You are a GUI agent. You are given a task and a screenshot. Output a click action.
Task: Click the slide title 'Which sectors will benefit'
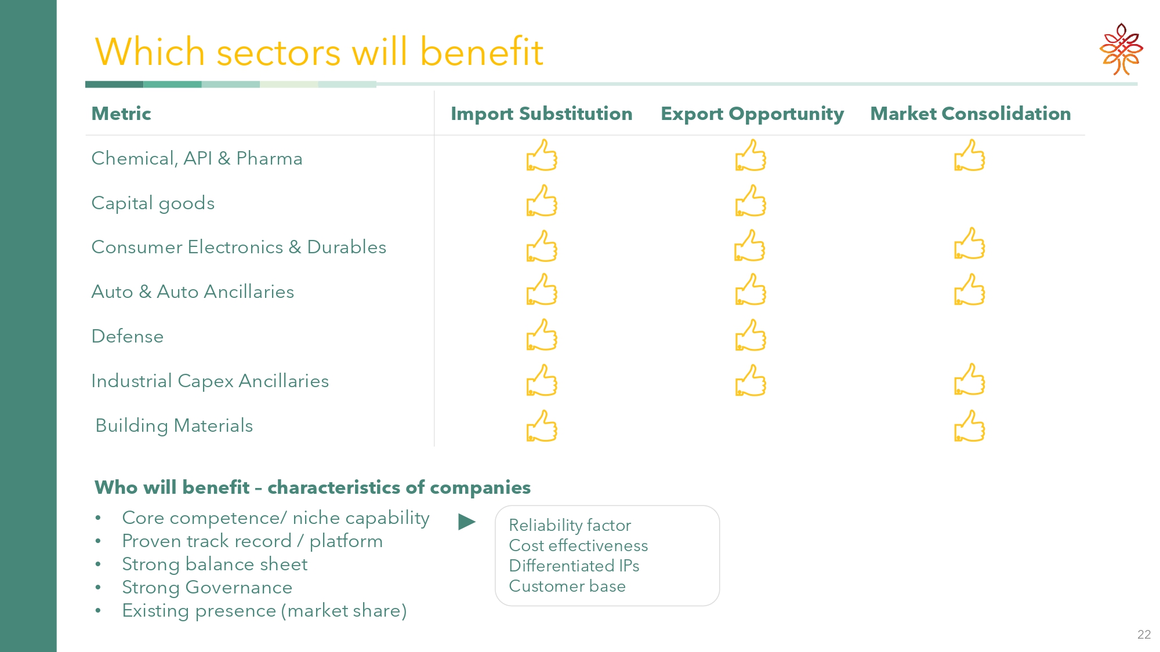(319, 52)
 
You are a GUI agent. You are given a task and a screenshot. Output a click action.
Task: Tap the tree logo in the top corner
(1121, 49)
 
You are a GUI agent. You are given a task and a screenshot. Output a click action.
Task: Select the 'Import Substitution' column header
(542, 114)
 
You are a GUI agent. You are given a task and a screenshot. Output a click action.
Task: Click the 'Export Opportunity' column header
(752, 114)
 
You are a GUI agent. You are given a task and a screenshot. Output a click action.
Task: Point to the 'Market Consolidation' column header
(970, 114)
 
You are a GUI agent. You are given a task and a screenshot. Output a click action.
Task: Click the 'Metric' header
(121, 114)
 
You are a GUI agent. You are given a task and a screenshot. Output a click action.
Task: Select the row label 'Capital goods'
(153, 203)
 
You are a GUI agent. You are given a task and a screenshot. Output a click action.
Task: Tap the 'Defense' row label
(128, 336)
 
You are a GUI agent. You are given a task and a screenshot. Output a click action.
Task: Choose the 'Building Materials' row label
(174, 426)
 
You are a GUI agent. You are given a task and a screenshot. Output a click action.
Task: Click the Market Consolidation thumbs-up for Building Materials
(970, 426)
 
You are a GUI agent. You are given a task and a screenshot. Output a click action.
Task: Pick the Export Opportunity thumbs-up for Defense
(751, 335)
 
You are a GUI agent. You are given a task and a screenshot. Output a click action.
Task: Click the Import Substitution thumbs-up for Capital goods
(542, 201)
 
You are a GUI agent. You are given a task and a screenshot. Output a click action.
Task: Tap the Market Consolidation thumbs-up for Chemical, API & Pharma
(970, 155)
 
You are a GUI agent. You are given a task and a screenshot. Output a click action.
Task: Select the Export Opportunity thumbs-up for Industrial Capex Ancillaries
(751, 380)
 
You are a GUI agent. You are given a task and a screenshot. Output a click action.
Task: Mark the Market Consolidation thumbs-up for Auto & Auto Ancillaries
(970, 290)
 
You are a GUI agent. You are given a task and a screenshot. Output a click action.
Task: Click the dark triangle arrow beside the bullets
(467, 522)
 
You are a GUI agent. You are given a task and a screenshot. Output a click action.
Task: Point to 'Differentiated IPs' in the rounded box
(574, 566)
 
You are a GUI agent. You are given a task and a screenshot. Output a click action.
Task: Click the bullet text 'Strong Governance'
(207, 588)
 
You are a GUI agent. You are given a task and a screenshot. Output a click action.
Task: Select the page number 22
(1144, 635)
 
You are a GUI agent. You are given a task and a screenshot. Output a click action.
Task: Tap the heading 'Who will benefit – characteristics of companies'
(313, 487)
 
